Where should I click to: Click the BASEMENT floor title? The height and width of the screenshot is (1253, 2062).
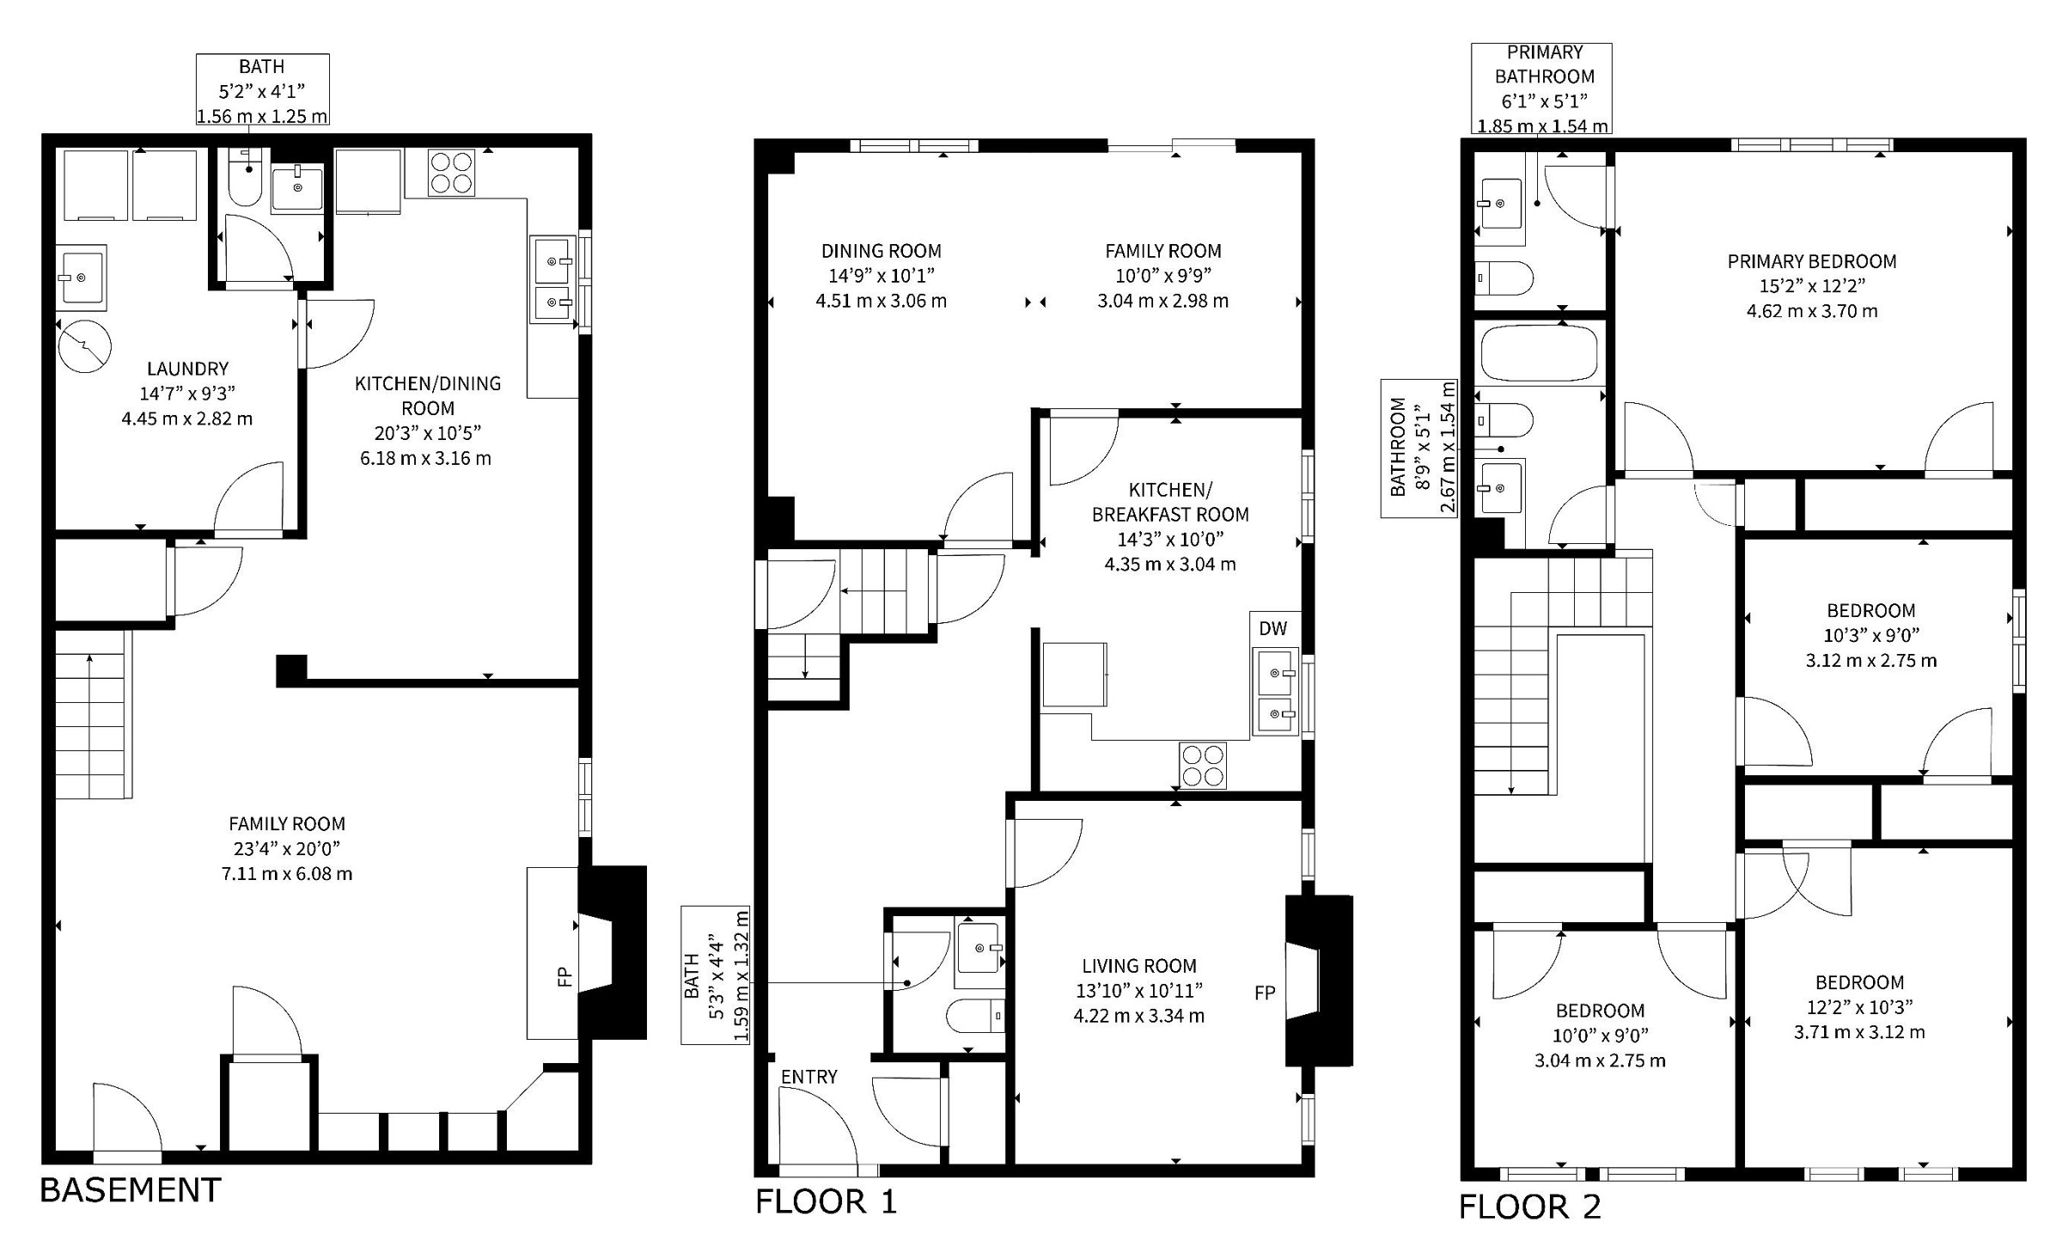(131, 1190)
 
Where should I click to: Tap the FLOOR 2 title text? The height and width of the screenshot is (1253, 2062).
(1530, 1207)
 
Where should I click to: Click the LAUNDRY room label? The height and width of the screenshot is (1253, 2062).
(187, 369)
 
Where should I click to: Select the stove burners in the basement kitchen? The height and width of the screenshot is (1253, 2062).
(451, 172)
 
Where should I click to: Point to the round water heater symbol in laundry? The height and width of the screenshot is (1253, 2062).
(85, 346)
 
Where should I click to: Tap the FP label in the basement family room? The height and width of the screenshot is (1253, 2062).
(564, 976)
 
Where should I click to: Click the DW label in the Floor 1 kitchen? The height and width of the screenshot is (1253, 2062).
(1272, 628)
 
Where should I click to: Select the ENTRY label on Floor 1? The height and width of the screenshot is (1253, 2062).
(808, 1077)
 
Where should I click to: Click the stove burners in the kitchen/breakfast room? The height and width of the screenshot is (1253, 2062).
(1203, 765)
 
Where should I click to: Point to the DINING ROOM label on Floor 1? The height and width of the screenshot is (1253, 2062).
(881, 251)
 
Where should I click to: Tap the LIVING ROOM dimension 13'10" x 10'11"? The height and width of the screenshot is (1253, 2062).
(1139, 991)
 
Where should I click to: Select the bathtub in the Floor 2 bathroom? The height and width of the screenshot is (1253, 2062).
(1539, 353)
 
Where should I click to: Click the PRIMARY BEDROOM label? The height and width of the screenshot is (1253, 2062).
(1812, 261)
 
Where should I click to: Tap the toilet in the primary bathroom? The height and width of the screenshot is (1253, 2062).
(1504, 278)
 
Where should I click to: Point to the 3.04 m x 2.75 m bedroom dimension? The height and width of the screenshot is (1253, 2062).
(1600, 1060)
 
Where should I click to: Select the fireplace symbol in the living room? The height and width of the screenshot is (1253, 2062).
(1318, 981)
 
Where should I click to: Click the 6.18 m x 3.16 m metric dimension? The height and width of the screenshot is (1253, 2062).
(425, 458)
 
